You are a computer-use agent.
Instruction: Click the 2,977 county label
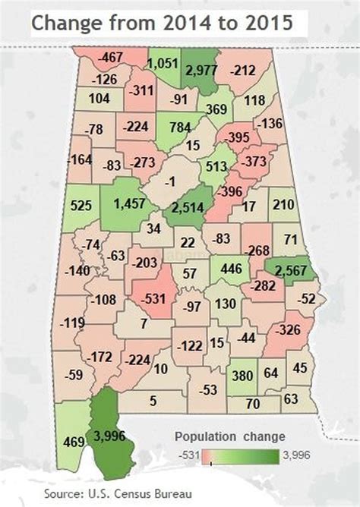pos(201,71)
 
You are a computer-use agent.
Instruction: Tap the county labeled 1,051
pos(161,64)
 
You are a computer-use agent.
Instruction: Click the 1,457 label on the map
pos(128,203)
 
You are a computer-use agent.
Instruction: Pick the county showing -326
pos(288,330)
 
